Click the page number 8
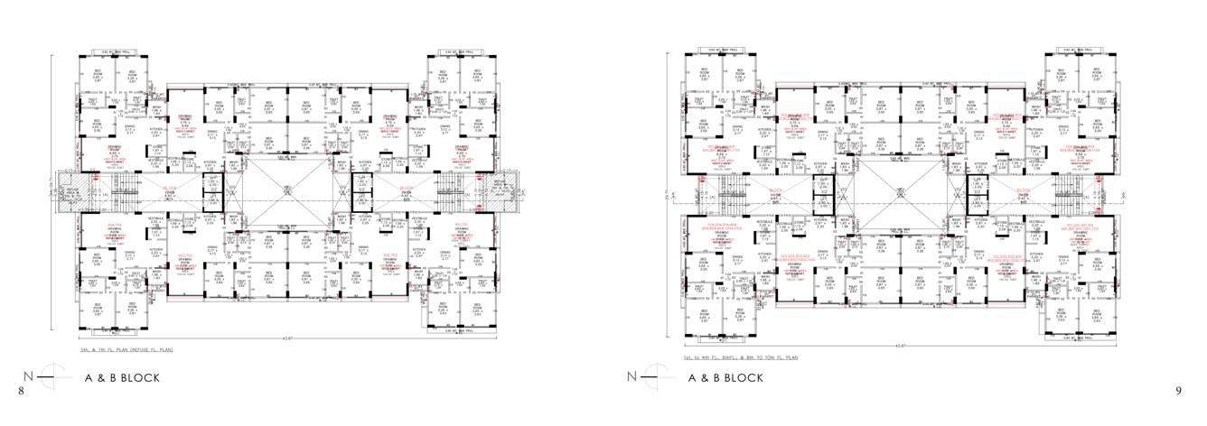click(20, 390)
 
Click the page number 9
click(1178, 390)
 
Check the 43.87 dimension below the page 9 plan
click(897, 344)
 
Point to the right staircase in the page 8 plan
click(449, 190)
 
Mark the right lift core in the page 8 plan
click(361, 190)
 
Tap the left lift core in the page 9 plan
click(823, 190)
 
